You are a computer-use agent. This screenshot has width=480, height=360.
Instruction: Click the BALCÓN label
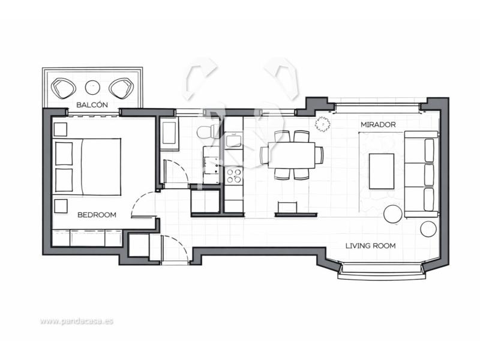[x=92, y=104]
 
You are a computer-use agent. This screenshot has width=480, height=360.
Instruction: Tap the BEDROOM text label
[x=97, y=215]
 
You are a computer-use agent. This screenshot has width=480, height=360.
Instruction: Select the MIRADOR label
[x=378, y=125]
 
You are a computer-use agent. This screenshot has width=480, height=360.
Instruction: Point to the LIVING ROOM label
[x=370, y=245]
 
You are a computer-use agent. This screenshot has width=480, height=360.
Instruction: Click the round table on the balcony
[x=92, y=88]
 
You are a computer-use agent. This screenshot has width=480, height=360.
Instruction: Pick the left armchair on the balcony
[x=64, y=88]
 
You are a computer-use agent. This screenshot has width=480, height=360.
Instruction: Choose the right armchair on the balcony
[x=121, y=88]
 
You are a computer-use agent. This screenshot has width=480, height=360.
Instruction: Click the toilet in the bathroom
[x=208, y=132]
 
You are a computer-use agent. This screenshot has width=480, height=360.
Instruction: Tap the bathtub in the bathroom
[x=169, y=133]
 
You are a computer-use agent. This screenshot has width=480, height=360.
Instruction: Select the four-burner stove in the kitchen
[x=234, y=176]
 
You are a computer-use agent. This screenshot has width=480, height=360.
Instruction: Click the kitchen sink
[x=233, y=140]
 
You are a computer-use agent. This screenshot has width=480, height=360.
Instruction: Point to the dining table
[x=292, y=155]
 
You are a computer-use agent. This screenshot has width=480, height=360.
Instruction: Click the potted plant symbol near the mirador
[x=323, y=124]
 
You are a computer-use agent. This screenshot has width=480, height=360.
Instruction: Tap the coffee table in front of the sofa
[x=382, y=172]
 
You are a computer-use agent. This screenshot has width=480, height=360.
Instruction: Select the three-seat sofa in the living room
[x=421, y=174]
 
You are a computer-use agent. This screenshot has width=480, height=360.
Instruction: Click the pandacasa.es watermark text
[x=77, y=321]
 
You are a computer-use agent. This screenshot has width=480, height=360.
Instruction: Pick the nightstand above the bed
[x=61, y=130]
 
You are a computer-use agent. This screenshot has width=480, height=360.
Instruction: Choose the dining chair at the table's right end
[x=319, y=155]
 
